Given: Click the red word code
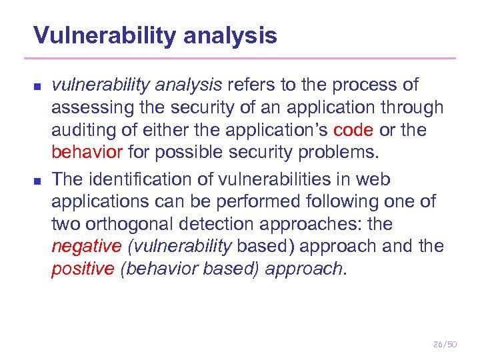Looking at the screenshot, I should pos(353,130).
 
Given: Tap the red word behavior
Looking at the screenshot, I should pos(87,153).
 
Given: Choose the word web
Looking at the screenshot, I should pos(375,179).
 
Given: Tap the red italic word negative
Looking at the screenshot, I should pos(87,247).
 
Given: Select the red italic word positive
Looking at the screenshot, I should pos(83,269).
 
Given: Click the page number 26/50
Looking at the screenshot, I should pos(445,344).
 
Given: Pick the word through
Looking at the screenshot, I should pos(413,107).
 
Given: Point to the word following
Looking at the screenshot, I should pos(333,201).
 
